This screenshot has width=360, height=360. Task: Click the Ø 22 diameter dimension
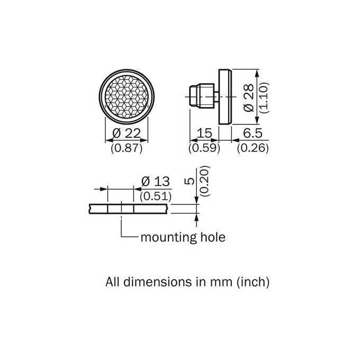pos(127,133)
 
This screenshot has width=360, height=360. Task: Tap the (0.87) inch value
pos(127,148)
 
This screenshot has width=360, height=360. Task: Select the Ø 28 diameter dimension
pos(249,98)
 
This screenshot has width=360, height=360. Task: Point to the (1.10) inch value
pos(264,98)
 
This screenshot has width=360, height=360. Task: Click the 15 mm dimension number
pos(204,133)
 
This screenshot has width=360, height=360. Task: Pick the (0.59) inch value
pos(204,148)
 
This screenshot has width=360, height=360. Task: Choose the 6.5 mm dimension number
pos(253,133)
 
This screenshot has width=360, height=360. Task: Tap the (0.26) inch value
pos(253,148)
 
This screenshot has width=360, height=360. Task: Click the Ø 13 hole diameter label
pos(156,182)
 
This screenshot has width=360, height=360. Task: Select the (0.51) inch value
pos(156,196)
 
